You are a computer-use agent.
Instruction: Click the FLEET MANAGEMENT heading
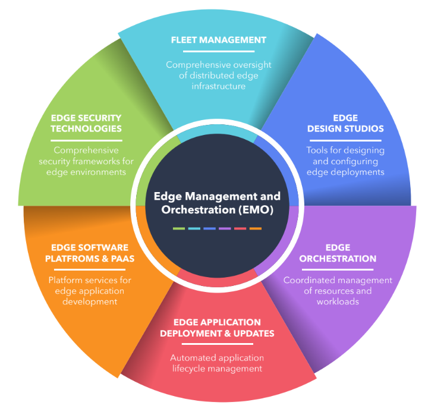pyautogui.click(x=218, y=40)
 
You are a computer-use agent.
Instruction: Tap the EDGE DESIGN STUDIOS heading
pyautogui.click(x=345, y=123)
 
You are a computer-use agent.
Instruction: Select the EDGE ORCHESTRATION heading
pyautogui.click(x=338, y=253)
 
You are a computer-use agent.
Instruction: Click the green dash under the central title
pyautogui.click(x=179, y=228)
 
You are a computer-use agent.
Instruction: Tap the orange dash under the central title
pyautogui.click(x=256, y=228)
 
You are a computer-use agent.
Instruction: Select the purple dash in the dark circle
pyautogui.click(x=225, y=228)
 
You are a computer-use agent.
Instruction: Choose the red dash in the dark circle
pyautogui.click(x=240, y=228)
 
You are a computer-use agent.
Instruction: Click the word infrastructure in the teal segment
pyautogui.click(x=218, y=86)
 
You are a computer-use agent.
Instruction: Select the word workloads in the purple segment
pyautogui.click(x=338, y=302)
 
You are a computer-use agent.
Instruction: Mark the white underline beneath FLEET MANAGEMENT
pyautogui.click(x=218, y=52)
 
